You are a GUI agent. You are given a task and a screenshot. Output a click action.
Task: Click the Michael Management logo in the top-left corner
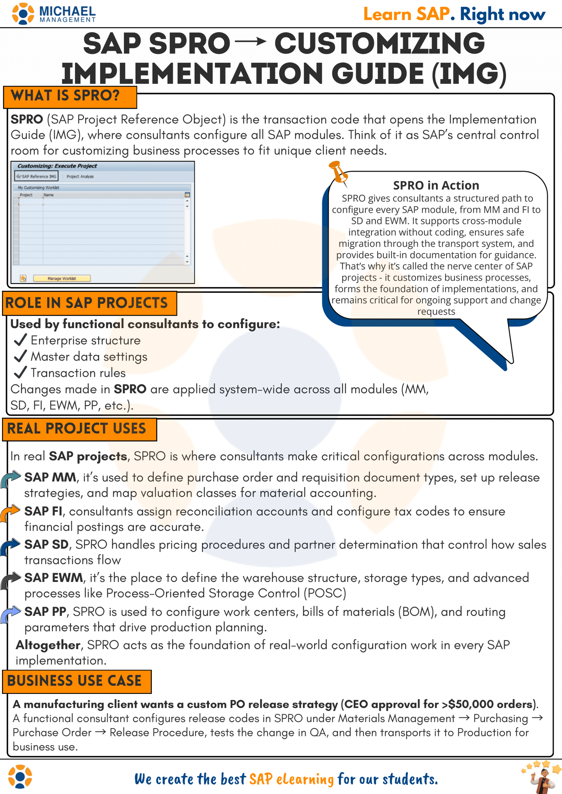[54, 14]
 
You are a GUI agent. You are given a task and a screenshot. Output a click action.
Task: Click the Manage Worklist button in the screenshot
[62, 278]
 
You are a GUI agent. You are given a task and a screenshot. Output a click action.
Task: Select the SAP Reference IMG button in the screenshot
[37, 176]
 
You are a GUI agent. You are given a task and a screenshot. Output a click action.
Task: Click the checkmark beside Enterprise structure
[20, 340]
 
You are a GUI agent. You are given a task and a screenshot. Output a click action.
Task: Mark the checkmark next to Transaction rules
[20, 373]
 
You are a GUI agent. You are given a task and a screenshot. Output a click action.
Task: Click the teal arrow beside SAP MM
[10, 479]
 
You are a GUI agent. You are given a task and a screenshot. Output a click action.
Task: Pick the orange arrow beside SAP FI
[10, 513]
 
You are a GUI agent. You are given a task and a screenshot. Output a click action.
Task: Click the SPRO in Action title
[436, 185]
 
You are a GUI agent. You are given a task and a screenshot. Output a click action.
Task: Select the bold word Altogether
[48, 645]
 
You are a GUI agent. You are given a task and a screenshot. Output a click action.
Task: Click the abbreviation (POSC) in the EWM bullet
[325, 593]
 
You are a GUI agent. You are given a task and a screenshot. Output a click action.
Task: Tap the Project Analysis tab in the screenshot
[80, 176]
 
